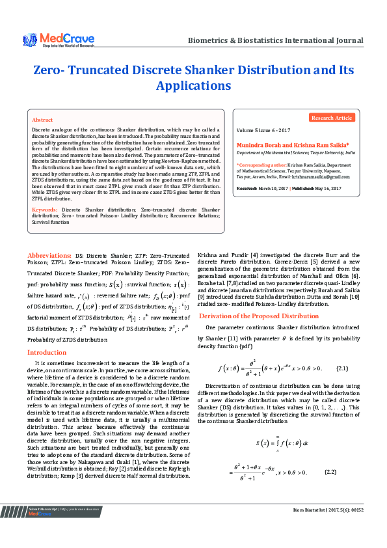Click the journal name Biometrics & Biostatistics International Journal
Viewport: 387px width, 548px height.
click(275, 40)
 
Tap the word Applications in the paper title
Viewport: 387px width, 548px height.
click(193, 85)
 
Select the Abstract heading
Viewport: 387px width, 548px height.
click(43, 120)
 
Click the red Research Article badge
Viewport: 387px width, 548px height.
click(332, 118)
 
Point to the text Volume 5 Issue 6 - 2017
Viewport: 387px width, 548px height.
click(263, 131)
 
